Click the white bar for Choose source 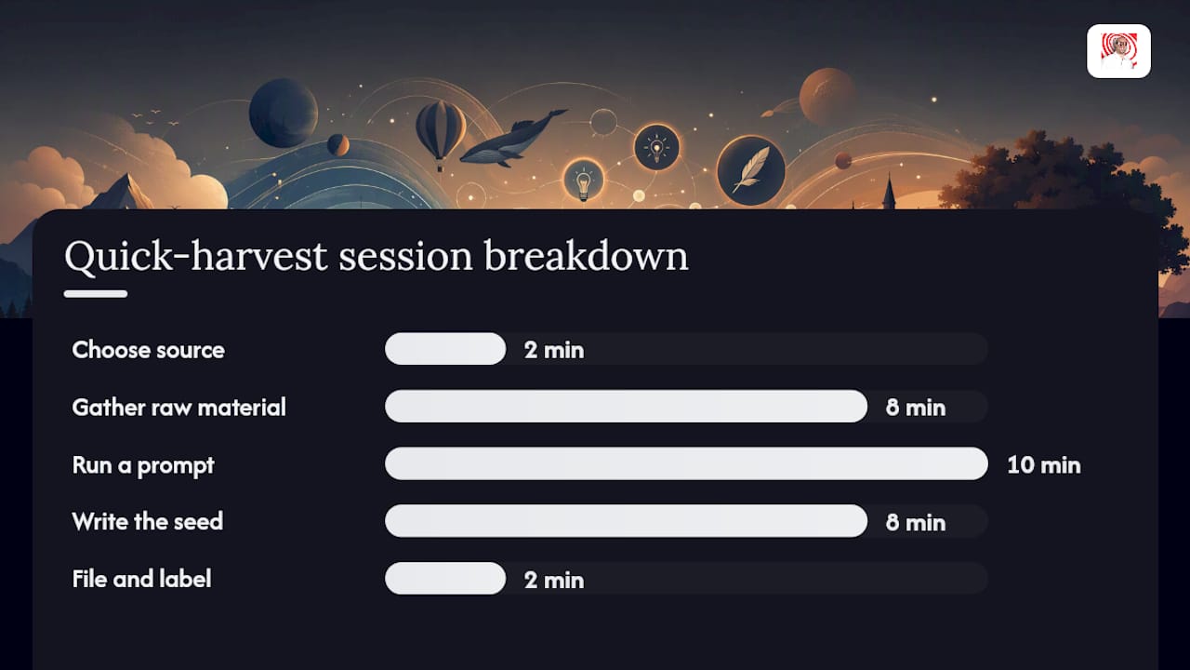click(445, 349)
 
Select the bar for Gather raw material click(626, 407)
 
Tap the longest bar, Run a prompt click(686, 463)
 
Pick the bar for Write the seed click(626, 521)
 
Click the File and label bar click(445, 579)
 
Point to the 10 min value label click(1044, 464)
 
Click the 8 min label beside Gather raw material click(916, 408)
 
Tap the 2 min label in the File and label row click(554, 580)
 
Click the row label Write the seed click(148, 521)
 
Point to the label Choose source click(148, 350)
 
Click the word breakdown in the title click(586, 256)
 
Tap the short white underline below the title click(96, 294)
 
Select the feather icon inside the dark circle click(750, 169)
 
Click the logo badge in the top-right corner click(1118, 51)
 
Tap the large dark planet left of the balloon click(284, 113)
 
